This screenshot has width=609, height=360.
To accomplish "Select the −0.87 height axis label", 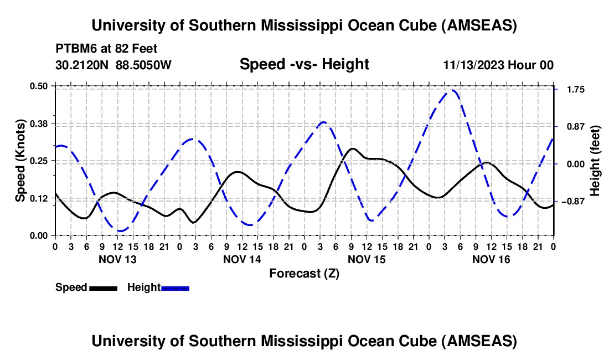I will pos(573,202).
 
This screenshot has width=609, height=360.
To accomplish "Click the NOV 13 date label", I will pos(117,259).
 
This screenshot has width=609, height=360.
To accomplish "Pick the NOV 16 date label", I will pos(491,259).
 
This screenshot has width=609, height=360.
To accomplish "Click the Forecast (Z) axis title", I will pos(304,273).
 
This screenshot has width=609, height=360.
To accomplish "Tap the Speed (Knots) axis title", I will pos(20,161).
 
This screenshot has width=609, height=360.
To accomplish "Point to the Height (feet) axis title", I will pos(596,161).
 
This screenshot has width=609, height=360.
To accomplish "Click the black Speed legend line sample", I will pos(103,287).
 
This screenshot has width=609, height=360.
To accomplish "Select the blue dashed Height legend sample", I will pos(176,287).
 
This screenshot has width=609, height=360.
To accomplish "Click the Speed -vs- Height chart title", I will pos(304,64).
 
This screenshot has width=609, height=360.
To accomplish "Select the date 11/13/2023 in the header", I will pos(474,65).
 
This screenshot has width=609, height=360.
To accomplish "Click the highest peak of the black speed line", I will pos(352,148).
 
